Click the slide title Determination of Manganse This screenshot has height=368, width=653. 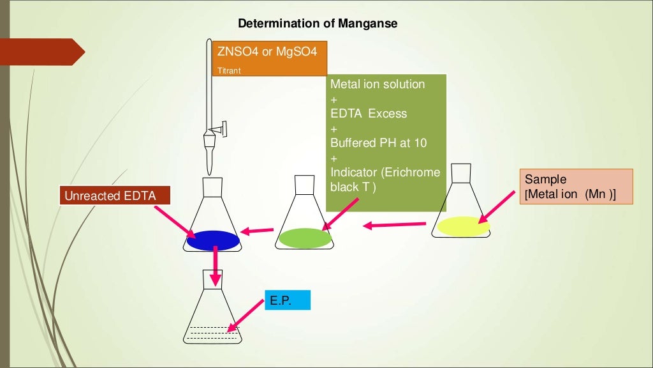(x=318, y=24)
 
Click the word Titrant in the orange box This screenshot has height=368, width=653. (x=230, y=70)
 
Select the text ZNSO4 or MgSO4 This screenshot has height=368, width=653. (x=267, y=51)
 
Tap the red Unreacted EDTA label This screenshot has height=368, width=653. (x=116, y=195)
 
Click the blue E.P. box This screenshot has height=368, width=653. (x=287, y=300)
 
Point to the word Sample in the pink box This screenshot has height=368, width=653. (x=545, y=180)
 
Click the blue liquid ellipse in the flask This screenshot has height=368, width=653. (x=212, y=240)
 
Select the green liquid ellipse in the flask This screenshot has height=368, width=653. (x=305, y=238)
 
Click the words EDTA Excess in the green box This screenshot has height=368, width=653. (x=369, y=114)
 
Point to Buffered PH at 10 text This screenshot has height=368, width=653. (x=379, y=142)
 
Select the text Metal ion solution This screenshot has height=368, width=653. (x=378, y=84)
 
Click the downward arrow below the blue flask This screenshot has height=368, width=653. (x=216, y=265)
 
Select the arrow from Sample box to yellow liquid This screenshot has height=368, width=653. (x=497, y=206)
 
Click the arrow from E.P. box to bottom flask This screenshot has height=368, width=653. (x=248, y=317)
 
